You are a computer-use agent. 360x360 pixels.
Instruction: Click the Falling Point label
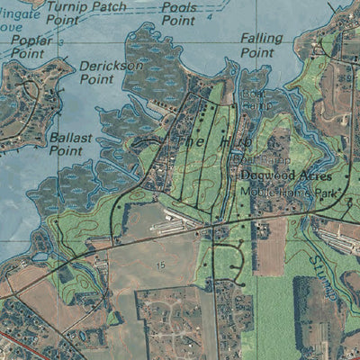[x=261, y=45]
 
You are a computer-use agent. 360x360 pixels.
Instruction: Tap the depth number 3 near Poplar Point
[x=60, y=42]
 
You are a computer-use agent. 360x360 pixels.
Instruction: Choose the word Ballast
[x=71, y=138]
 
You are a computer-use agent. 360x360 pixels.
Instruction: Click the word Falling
[x=262, y=39]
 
